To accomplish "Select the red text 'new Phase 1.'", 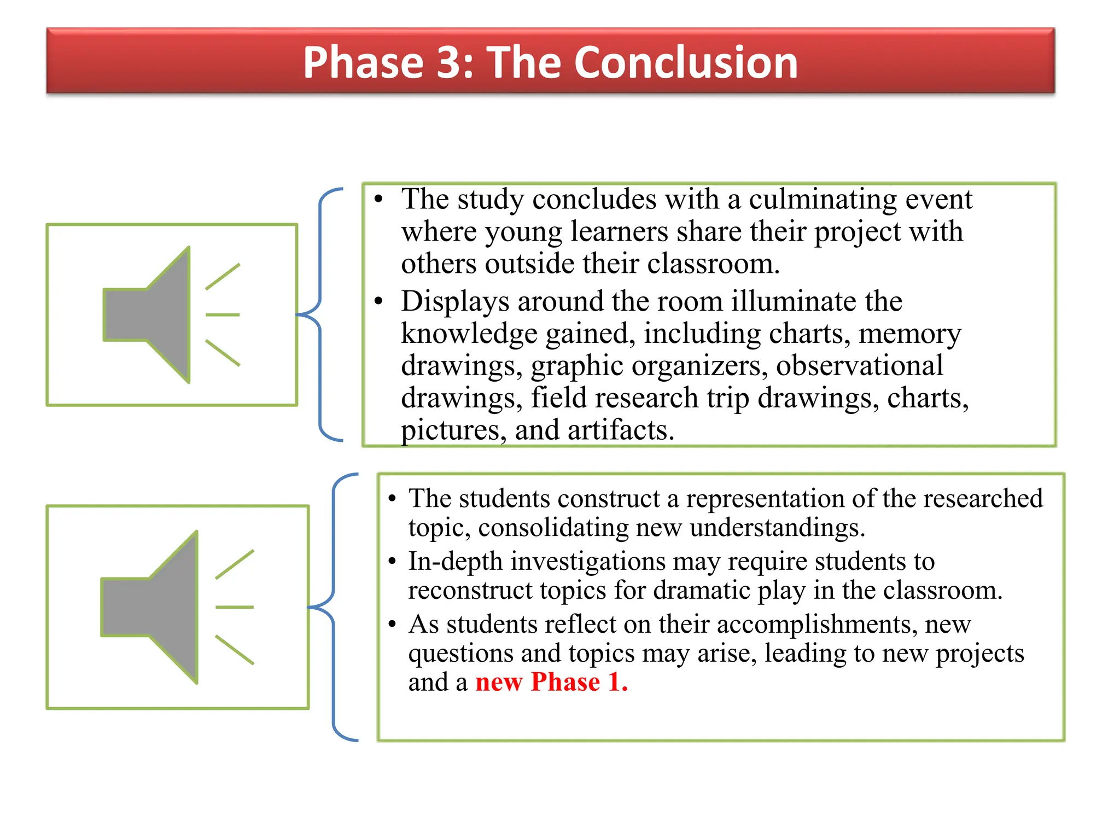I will (x=551, y=682).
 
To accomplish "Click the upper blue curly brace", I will (x=320, y=315).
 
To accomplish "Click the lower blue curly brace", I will (x=334, y=607).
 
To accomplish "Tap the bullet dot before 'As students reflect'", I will (x=392, y=625).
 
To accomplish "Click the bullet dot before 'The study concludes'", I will (x=378, y=199).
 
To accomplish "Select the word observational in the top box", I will (x=859, y=365).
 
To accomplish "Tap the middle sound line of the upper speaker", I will (x=223, y=315).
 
